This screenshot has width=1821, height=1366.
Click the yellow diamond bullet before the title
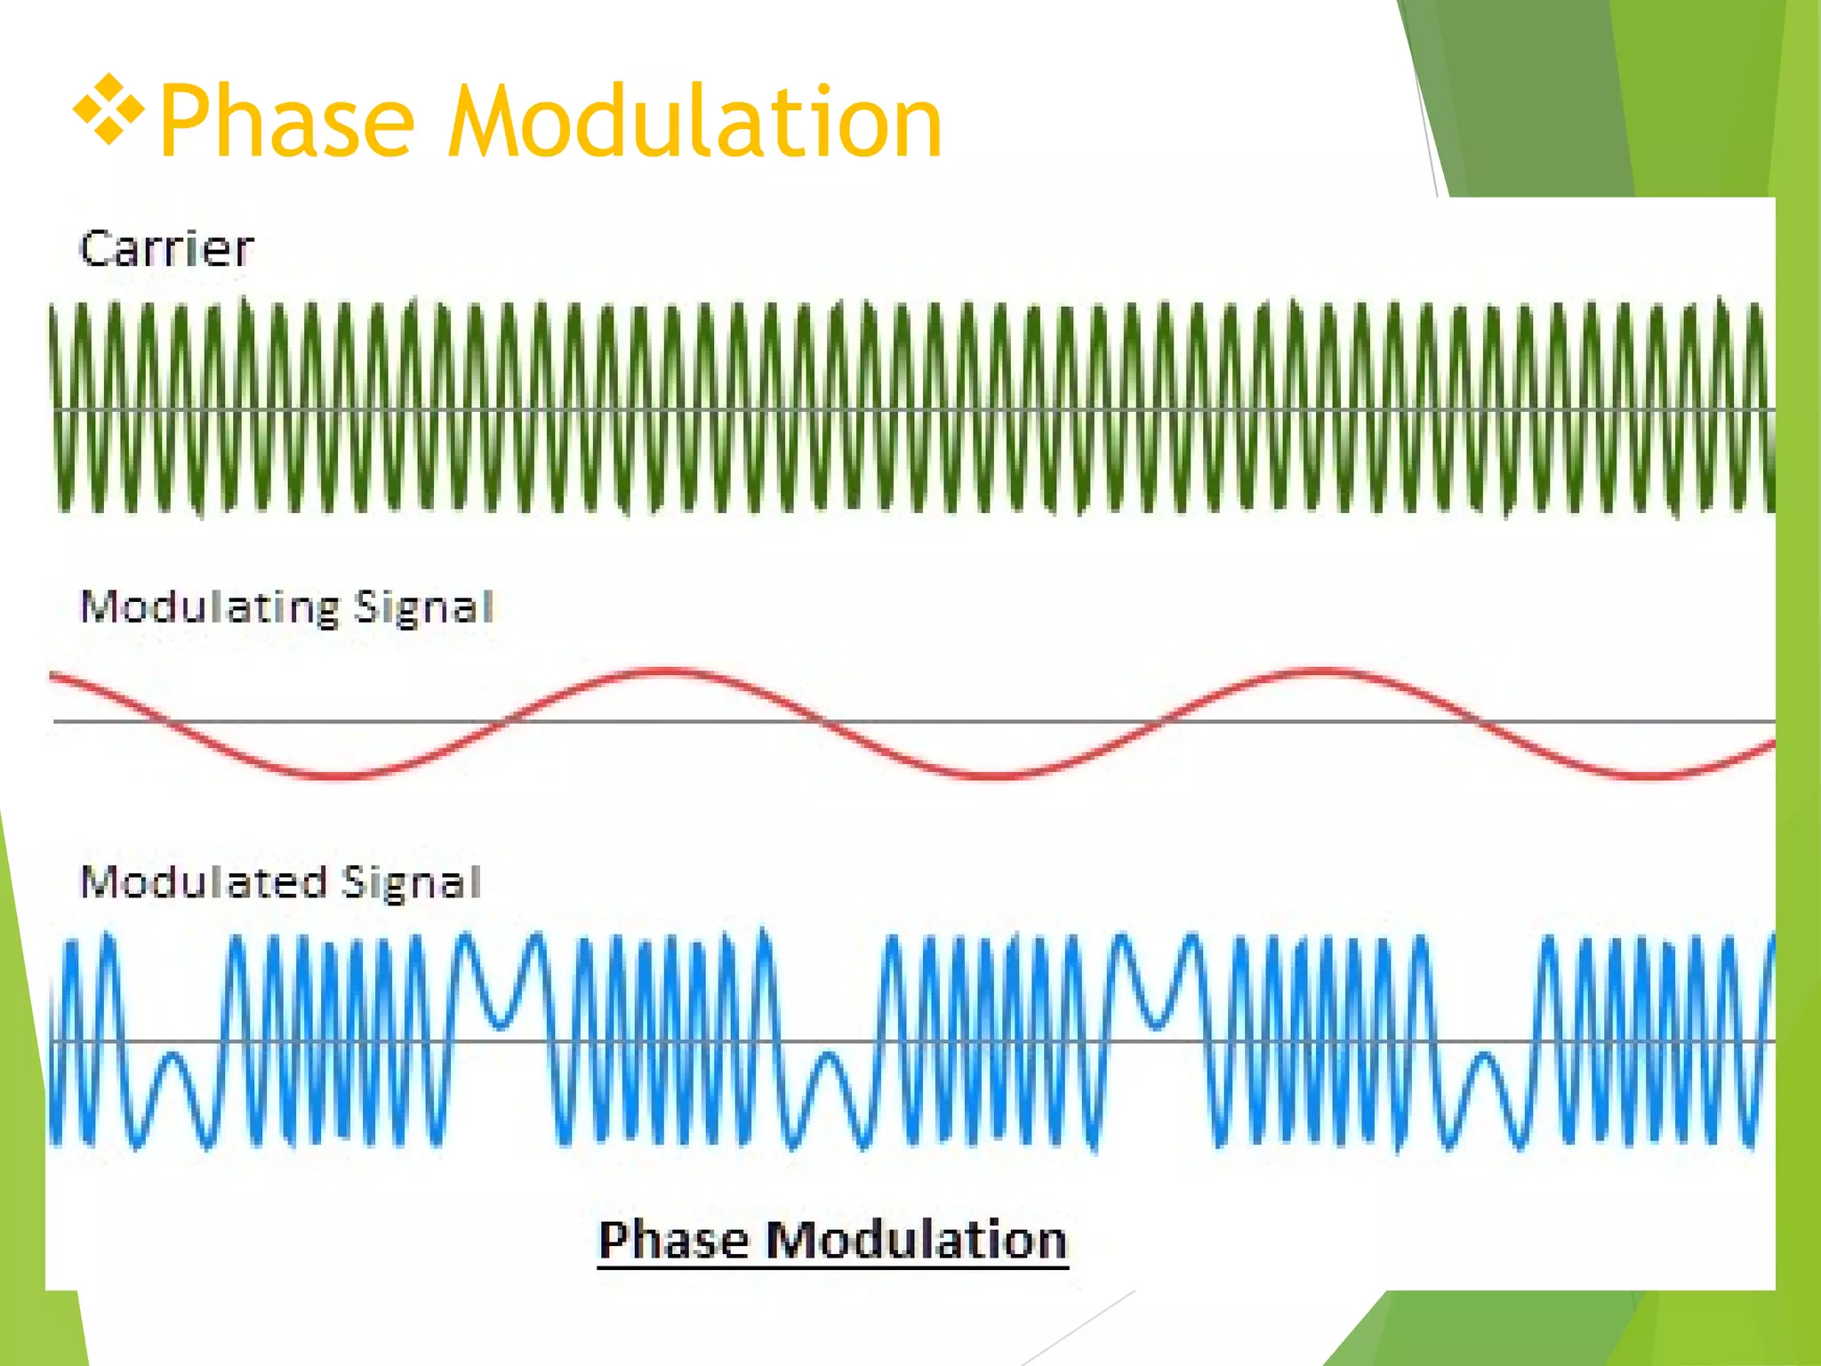pos(108,110)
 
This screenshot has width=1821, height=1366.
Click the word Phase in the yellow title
pos(286,123)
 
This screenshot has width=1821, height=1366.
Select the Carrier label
pos(166,249)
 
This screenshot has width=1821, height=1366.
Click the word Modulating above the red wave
pos(210,608)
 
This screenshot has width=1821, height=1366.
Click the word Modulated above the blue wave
pos(204,883)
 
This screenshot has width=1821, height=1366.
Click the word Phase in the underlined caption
pos(673,1241)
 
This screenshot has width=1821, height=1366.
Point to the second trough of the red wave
pos(996,775)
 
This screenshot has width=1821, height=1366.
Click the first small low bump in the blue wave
pos(173,1058)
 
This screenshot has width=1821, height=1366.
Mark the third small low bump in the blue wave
pos(1483,1058)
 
